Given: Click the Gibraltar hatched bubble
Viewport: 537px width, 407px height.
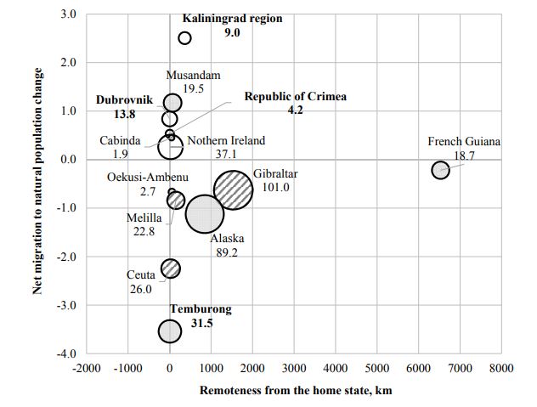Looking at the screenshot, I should (233, 190).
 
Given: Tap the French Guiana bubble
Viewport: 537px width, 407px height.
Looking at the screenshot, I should (440, 170).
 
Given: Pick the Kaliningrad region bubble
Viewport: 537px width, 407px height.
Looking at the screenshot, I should (185, 38).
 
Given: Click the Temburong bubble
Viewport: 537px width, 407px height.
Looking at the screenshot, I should (170, 331).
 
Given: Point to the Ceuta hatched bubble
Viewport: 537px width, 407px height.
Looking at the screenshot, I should (171, 269).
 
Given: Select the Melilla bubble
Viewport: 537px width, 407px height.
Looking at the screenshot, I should (176, 201).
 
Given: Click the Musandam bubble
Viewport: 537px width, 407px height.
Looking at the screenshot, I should (172, 104).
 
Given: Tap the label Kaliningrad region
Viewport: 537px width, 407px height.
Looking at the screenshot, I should (232, 19).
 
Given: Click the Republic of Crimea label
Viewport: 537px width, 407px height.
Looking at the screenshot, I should (296, 97).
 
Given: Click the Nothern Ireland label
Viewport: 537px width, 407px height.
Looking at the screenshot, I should (226, 141).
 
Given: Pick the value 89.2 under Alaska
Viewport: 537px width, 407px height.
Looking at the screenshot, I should (227, 252).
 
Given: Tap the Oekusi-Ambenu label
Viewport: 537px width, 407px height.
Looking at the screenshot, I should (148, 178).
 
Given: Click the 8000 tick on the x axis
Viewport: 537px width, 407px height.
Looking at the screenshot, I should (500, 367).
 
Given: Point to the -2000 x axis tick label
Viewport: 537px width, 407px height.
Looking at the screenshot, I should (86, 367).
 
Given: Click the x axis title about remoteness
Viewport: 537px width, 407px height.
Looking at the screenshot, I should (295, 391).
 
